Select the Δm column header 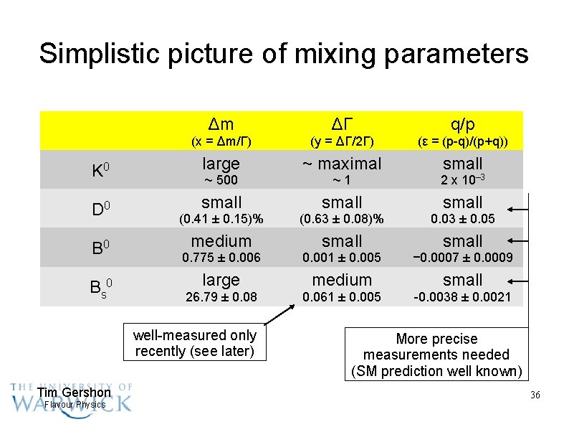[x=221, y=123]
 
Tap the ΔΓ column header [x=342, y=123]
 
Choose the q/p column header [x=462, y=123]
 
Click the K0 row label [x=100, y=171]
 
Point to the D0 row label [x=100, y=210]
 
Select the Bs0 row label [x=100, y=287]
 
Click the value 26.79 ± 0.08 [x=221, y=296]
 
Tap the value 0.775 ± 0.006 [x=221, y=258]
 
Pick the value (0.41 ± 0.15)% [x=221, y=219]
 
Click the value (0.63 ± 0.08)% [x=342, y=219]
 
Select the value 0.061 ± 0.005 [x=342, y=296]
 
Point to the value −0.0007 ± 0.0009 [x=462, y=258]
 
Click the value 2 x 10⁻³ [x=462, y=180]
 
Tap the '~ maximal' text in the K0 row [x=342, y=164]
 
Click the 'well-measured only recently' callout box [x=194, y=343]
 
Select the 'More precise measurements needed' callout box [x=436, y=355]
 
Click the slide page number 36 [x=535, y=395]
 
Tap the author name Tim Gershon [x=74, y=393]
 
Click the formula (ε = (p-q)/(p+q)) [x=462, y=141]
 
